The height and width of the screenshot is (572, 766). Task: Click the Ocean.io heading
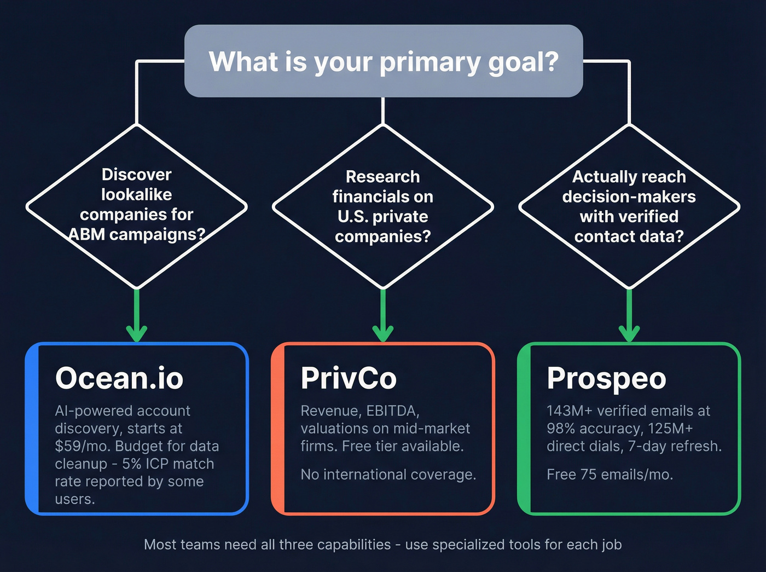(x=119, y=378)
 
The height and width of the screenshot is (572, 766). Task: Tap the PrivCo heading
(x=349, y=378)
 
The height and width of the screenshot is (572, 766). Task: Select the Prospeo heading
(x=606, y=378)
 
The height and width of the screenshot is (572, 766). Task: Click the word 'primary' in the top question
(x=430, y=61)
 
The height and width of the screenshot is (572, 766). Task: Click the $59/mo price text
(x=82, y=446)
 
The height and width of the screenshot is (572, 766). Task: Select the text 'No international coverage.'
(x=388, y=475)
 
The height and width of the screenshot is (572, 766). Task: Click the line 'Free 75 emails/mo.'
(x=610, y=475)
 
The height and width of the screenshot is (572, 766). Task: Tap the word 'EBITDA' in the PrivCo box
(x=392, y=411)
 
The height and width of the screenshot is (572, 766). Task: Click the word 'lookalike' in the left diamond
(x=136, y=194)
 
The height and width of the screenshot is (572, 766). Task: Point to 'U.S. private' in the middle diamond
(x=382, y=216)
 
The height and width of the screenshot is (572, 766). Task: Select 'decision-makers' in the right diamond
(x=629, y=197)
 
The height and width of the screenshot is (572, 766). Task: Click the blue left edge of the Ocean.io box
(x=32, y=429)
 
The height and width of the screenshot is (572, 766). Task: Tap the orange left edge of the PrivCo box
(x=278, y=429)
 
